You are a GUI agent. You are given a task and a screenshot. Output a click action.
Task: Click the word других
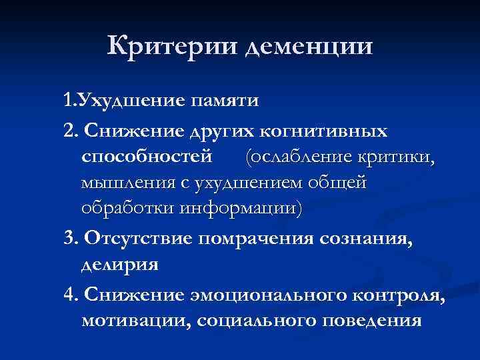(x=219, y=132)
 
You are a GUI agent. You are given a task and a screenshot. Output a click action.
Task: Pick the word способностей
(x=147, y=157)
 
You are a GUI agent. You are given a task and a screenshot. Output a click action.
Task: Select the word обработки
(x=127, y=207)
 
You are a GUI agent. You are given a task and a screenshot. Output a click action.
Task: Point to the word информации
(x=241, y=207)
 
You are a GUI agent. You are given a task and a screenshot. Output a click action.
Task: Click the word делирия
(x=120, y=263)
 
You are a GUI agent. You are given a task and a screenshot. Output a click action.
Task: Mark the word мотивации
(x=133, y=319)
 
